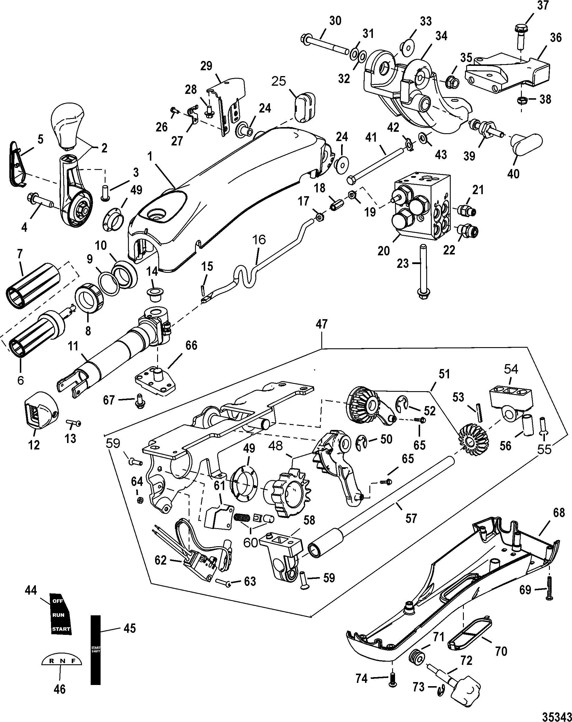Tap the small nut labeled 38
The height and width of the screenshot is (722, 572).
(x=522, y=99)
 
